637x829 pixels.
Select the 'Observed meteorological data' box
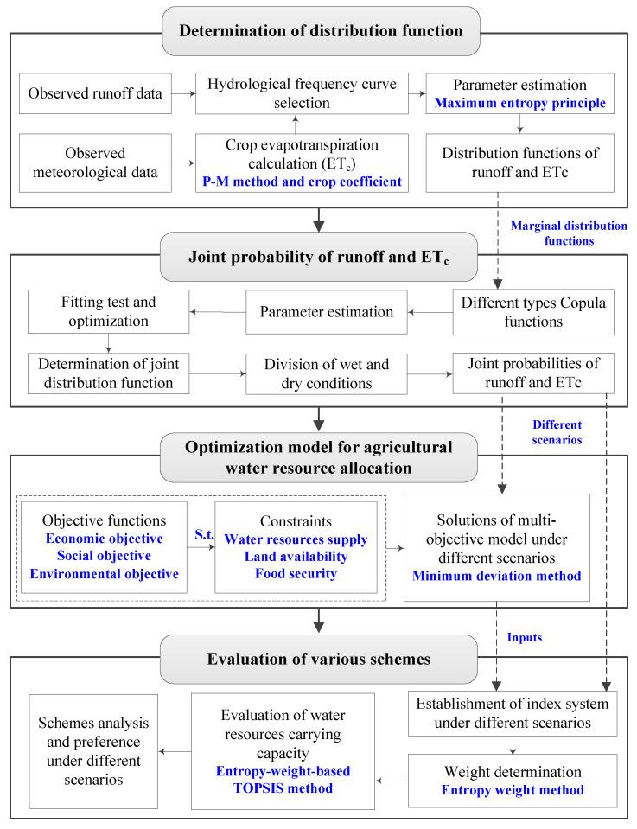pyautogui.click(x=90, y=160)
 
